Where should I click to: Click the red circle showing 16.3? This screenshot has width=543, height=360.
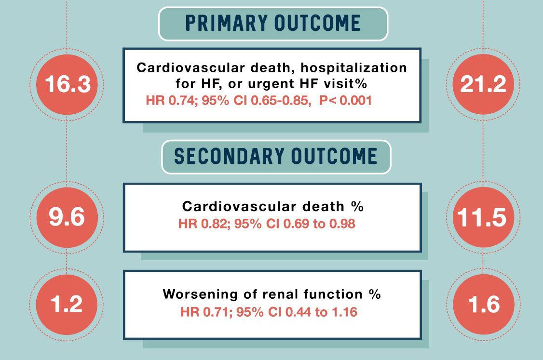click(x=67, y=84)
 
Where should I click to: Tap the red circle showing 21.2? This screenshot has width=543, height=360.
click(x=483, y=84)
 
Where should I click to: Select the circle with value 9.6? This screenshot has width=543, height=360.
click(x=67, y=216)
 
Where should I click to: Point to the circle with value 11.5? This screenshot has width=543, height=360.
click(x=483, y=217)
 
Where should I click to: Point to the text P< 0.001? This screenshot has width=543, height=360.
click(x=346, y=101)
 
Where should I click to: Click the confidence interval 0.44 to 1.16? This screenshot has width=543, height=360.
click(x=321, y=312)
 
